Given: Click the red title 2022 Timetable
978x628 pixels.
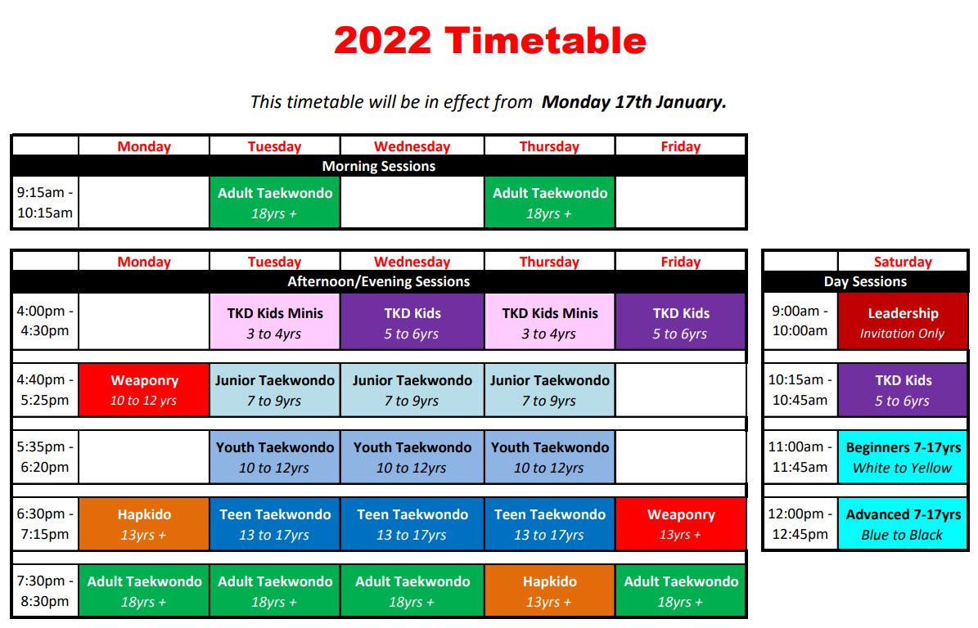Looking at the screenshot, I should click(489, 40).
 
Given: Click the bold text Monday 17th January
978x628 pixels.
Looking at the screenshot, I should click(634, 102).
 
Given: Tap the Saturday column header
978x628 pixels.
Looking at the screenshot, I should click(902, 262).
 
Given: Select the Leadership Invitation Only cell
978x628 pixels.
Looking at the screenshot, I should click(902, 323).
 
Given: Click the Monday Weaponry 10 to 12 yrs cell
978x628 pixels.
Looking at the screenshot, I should click(144, 390).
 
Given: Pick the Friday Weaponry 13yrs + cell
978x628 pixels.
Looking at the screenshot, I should click(680, 524).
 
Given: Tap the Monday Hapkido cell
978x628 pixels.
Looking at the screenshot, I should click(144, 524).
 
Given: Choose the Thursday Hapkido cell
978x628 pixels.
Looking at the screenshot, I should click(549, 591).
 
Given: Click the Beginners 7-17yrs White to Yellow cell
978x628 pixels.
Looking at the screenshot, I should click(902, 457).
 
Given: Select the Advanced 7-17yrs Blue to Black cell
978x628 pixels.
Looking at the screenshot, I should click(902, 524).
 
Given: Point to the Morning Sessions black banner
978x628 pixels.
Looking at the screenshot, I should click(379, 166).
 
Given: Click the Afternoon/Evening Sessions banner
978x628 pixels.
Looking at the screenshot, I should click(379, 281).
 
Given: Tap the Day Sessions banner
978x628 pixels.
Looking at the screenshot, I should click(865, 281).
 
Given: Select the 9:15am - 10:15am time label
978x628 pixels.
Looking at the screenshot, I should click(45, 203).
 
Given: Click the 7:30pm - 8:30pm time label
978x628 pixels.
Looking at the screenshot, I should click(45, 591).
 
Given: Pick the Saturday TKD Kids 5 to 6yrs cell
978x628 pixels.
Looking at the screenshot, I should click(902, 390).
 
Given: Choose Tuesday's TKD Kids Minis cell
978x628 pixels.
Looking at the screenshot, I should click(275, 323).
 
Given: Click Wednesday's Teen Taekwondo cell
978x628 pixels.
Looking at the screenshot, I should click(412, 524).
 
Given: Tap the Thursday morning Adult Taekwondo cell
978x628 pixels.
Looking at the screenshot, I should click(549, 203).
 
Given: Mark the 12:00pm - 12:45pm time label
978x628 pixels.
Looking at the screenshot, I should click(800, 524).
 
